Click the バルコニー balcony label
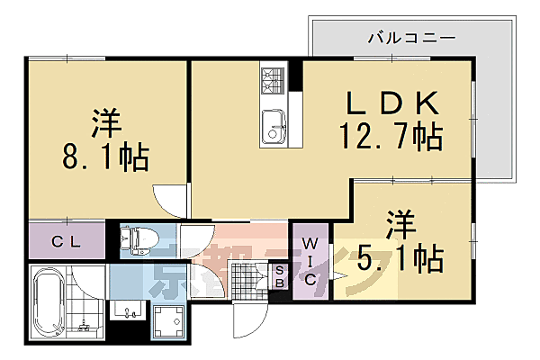point(411,40)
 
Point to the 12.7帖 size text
point(390,138)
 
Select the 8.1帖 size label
point(106,157)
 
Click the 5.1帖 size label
point(401,259)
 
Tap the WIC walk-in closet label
point(309,261)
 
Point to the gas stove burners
point(272,79)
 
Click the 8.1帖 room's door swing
point(169,200)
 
